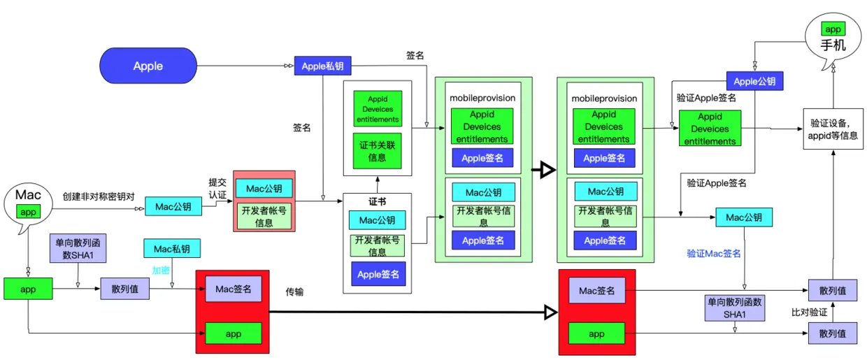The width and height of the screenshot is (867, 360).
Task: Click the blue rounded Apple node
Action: tap(148, 66)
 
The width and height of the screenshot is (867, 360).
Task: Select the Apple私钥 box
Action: tap(322, 66)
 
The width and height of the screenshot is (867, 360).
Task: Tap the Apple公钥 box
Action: tap(754, 81)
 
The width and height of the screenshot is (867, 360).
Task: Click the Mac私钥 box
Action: tap(172, 249)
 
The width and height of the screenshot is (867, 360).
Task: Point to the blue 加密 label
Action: tap(161, 270)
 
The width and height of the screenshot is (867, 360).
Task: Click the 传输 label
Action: tap(295, 291)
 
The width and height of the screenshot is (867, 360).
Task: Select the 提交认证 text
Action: tap(217, 188)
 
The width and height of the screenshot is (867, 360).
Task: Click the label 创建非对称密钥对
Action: tap(98, 197)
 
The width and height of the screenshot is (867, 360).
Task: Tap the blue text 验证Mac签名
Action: tap(713, 254)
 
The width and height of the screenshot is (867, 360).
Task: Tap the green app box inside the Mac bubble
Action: tap(29, 212)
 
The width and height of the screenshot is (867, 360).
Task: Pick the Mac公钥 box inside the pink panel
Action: tap(264, 188)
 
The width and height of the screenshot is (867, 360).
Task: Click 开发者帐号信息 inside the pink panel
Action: tap(264, 216)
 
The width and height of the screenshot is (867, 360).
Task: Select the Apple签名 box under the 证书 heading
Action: tap(378, 274)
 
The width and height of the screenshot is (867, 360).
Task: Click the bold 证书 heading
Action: tap(378, 201)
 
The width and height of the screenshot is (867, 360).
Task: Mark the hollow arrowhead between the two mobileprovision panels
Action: tap(544, 170)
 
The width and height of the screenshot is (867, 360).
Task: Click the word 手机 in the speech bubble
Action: tap(833, 46)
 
